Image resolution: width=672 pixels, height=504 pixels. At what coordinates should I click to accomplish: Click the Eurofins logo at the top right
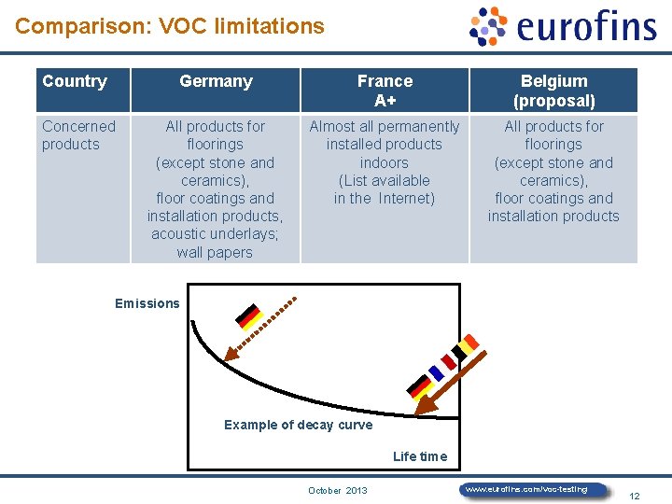(563, 26)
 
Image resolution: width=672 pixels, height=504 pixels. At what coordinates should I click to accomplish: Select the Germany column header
(216, 81)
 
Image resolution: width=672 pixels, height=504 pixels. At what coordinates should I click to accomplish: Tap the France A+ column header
(385, 91)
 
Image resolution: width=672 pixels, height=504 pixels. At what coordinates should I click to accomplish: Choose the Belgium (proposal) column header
(553, 91)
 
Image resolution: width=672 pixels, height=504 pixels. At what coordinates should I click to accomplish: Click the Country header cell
(75, 81)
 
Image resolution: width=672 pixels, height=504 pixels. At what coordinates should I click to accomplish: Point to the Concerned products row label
(78, 135)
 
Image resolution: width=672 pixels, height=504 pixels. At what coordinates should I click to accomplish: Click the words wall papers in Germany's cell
(215, 252)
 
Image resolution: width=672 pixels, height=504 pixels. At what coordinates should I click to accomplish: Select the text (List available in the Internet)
(385, 189)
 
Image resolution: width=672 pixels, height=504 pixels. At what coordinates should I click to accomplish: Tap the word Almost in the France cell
(332, 127)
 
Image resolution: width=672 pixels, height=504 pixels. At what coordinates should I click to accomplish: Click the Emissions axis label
(147, 303)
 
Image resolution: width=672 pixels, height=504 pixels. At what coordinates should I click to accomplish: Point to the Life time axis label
(420, 456)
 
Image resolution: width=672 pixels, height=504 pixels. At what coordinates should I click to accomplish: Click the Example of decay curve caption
(298, 425)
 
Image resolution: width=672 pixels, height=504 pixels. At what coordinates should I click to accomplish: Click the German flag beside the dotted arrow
(248, 317)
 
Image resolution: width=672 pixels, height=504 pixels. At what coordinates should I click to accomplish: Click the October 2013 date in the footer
(338, 490)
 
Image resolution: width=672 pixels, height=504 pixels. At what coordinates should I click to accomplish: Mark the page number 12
(635, 496)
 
